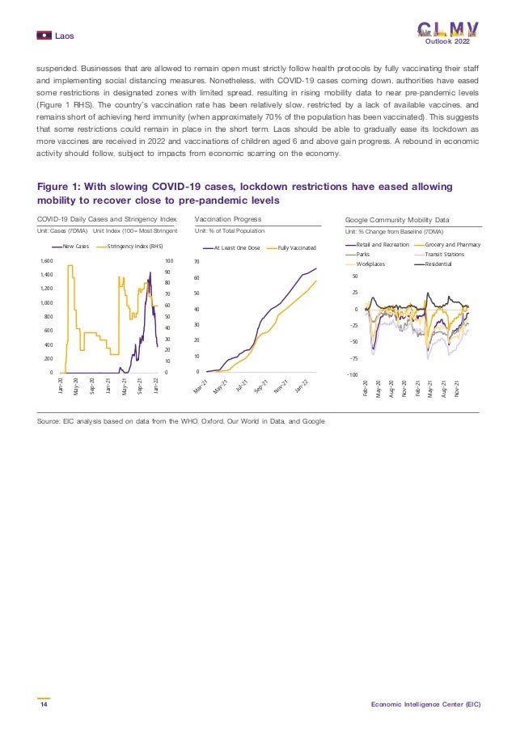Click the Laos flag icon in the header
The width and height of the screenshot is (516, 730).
[x=44, y=35]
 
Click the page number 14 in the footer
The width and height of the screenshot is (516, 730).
[x=43, y=705]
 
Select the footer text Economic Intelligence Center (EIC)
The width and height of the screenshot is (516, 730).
[x=425, y=705]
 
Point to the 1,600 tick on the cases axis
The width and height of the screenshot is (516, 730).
[x=45, y=261]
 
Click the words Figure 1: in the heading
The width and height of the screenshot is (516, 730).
[x=61, y=185]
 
